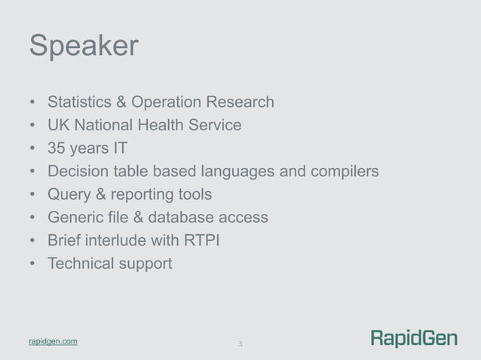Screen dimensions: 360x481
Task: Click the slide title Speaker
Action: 84,47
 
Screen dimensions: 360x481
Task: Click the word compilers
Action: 339,172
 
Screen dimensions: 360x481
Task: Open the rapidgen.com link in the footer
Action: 53,342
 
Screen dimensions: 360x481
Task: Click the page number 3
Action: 240,344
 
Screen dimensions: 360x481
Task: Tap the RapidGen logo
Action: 414,339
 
